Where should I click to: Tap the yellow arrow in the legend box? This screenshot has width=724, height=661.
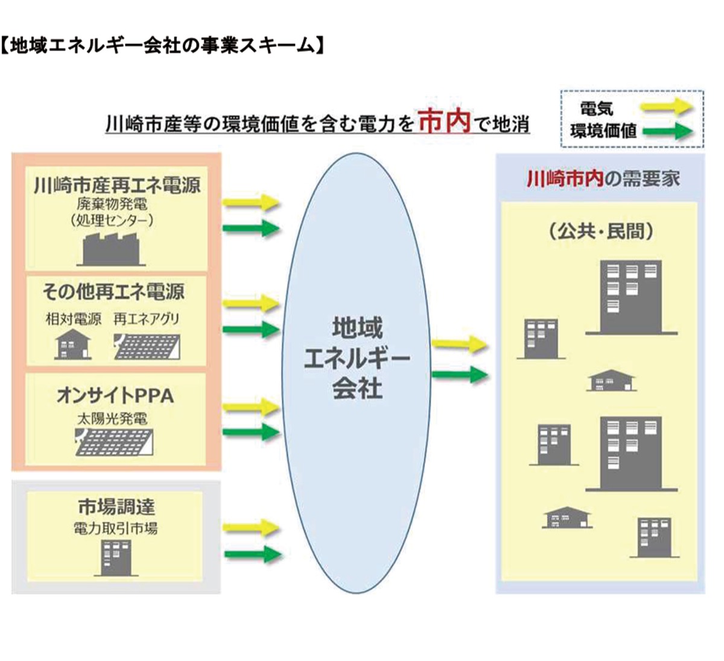[666, 108]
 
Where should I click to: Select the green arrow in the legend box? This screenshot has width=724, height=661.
[666, 131]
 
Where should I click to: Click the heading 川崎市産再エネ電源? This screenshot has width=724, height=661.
[116, 184]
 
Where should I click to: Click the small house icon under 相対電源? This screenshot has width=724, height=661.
[73, 345]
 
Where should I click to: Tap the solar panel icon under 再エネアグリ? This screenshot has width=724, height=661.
[147, 346]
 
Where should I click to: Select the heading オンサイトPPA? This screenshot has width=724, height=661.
[115, 395]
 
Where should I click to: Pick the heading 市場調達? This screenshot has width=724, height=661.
[116, 507]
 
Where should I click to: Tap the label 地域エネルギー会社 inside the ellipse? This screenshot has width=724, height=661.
[357, 359]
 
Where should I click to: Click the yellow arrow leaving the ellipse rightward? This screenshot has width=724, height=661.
[459, 345]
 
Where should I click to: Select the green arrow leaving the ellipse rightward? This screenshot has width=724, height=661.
[459, 375]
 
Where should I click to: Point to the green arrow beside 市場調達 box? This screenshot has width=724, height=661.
[252, 554]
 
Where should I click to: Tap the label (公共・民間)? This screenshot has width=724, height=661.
[600, 231]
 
